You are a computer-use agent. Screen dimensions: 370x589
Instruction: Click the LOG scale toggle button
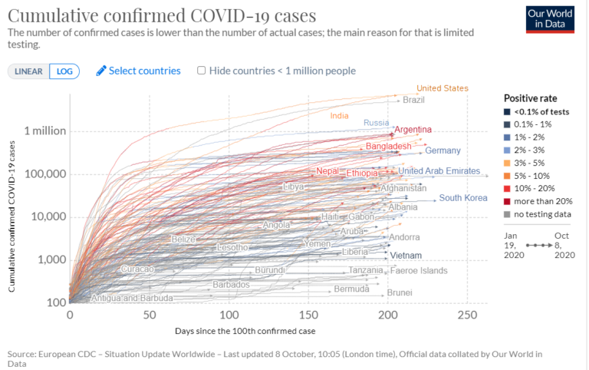[64, 71]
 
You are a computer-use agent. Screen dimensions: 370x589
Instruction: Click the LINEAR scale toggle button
[28, 71]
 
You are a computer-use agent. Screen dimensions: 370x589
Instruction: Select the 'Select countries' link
[138, 71]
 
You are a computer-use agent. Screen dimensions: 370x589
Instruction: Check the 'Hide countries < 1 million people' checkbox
[202, 71]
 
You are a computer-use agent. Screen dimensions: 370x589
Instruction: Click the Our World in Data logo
[550, 19]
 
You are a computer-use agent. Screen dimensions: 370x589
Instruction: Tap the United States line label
[442, 88]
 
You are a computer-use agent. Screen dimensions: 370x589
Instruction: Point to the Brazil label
[413, 100]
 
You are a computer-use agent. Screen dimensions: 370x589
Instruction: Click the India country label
[339, 116]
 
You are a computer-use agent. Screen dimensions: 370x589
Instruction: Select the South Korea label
[463, 198]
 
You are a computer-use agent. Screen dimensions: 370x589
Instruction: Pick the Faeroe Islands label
[419, 271]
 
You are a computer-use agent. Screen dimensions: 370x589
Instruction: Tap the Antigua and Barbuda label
[131, 298]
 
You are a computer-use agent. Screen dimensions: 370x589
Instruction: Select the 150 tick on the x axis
[309, 315]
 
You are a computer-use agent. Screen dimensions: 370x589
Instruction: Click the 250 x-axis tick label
[468, 315]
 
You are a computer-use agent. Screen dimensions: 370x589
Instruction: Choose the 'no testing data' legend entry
[535, 214]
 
